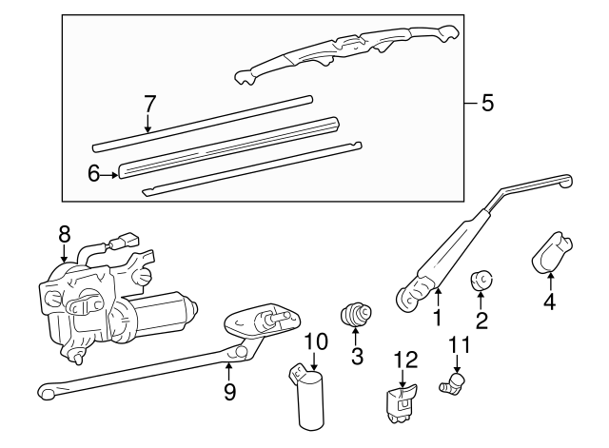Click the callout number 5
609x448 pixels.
click(x=487, y=104)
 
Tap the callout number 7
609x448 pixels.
click(x=147, y=103)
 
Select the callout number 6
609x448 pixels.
click(x=93, y=172)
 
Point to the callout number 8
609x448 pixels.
click(x=64, y=232)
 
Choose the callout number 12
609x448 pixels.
click(x=405, y=359)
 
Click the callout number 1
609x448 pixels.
click(x=437, y=321)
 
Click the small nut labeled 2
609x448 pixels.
click(x=481, y=281)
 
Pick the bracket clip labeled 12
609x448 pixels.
click(x=401, y=405)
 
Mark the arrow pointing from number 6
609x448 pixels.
click(x=108, y=173)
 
